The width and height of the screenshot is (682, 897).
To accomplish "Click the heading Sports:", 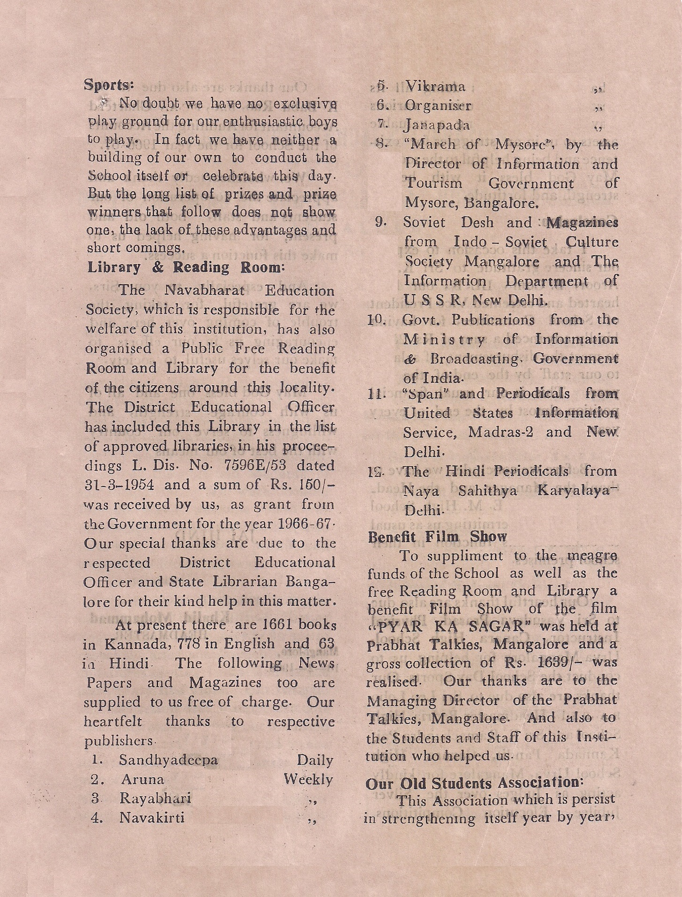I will click(109, 85).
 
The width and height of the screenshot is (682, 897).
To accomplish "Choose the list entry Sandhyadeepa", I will click(168, 760).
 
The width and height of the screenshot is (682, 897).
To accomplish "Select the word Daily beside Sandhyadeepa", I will click(315, 760).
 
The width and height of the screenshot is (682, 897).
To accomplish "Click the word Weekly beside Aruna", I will click(308, 780).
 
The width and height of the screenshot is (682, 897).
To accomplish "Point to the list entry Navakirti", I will click(152, 818).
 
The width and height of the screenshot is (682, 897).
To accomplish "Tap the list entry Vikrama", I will click(435, 86).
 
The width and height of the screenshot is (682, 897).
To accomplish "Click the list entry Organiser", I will click(438, 106).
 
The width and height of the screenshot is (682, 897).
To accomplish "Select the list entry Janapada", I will click(437, 125).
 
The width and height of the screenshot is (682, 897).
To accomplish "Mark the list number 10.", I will click(376, 320).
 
